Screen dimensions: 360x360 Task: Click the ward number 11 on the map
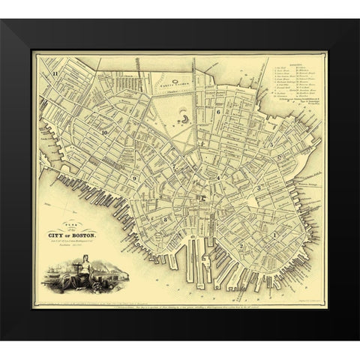point(55,73)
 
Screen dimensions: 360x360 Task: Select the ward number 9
point(134,178)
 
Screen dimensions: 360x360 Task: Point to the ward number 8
point(163,218)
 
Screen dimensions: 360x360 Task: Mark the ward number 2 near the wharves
point(241,245)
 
